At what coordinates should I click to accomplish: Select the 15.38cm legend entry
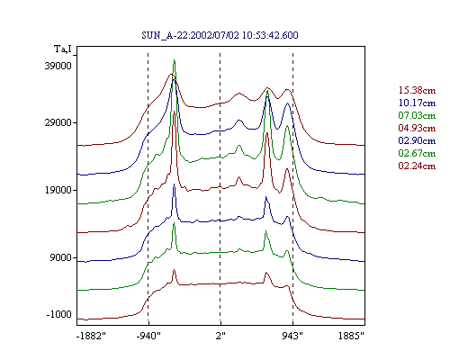pyautogui.click(x=417, y=90)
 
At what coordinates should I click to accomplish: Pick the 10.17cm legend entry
pyautogui.click(x=417, y=103)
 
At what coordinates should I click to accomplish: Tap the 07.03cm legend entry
pyautogui.click(x=417, y=115)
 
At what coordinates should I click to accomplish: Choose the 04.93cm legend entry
pyautogui.click(x=417, y=128)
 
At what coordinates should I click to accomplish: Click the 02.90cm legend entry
pyautogui.click(x=417, y=140)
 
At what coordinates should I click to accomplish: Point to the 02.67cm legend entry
pyautogui.click(x=417, y=153)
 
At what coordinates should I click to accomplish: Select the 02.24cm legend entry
pyautogui.click(x=417, y=166)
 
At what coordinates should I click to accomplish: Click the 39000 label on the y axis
pyautogui.click(x=58, y=66)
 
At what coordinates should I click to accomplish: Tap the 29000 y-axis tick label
pyautogui.click(x=58, y=122)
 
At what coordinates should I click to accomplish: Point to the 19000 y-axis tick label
pyautogui.click(x=58, y=190)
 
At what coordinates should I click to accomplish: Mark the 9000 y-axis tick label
pyautogui.click(x=61, y=257)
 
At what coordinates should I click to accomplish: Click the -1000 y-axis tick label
pyautogui.click(x=59, y=314)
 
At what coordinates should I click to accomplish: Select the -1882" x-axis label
pyautogui.click(x=91, y=336)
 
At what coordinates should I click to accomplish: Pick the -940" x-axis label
pyautogui.click(x=148, y=336)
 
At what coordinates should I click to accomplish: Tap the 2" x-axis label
pyautogui.click(x=220, y=336)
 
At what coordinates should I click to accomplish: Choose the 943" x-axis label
pyautogui.click(x=292, y=336)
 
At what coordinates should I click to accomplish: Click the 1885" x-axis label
pyautogui.click(x=351, y=336)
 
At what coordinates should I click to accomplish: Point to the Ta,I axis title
pyautogui.click(x=63, y=49)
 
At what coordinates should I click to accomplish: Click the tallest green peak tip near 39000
pyautogui.click(x=174, y=60)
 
